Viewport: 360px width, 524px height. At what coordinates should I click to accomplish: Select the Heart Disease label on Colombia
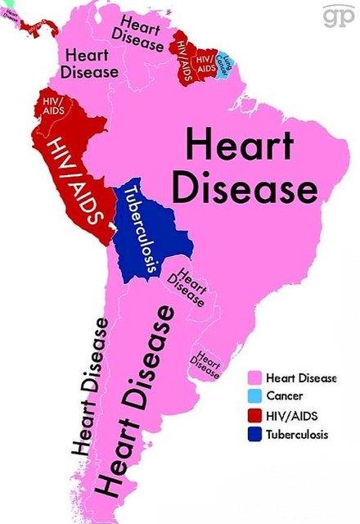[89, 63]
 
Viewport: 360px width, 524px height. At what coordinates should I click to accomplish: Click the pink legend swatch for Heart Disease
[255, 378]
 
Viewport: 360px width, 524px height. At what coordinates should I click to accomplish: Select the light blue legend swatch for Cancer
[255, 397]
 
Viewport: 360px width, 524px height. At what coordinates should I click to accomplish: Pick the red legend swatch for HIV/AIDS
[255, 416]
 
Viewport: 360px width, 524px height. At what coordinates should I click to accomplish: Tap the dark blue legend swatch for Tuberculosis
[255, 435]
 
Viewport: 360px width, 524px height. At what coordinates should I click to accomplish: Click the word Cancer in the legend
[283, 397]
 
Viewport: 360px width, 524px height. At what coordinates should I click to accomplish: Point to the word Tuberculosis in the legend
[297, 435]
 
